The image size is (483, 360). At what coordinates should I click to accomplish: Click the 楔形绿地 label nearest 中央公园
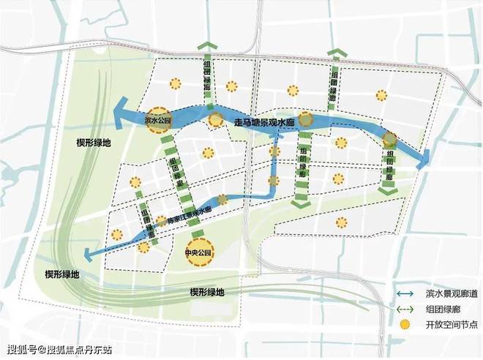click(x=208, y=291)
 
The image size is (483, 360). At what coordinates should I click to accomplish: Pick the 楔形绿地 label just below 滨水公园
click(x=94, y=142)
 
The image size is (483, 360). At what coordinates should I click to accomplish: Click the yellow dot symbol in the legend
click(x=404, y=323)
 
